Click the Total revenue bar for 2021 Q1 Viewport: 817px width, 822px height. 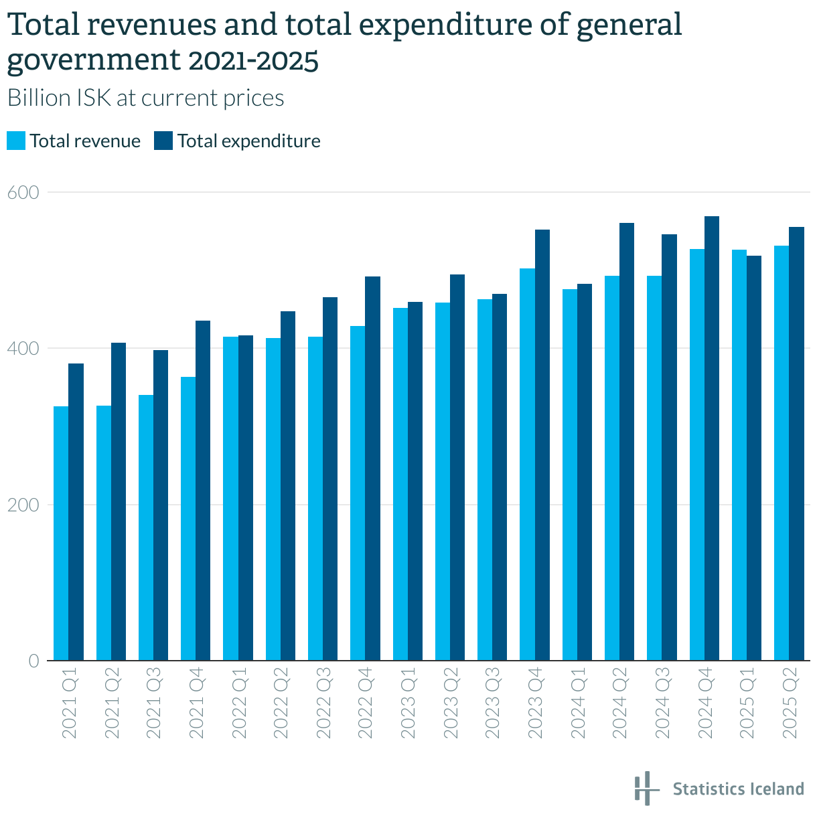pos(61,533)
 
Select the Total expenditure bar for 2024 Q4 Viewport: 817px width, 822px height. pos(711,438)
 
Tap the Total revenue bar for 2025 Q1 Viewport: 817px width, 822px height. pos(739,455)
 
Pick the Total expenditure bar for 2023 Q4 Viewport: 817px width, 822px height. pos(542,444)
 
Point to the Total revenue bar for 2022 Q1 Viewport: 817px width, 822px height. pos(230,498)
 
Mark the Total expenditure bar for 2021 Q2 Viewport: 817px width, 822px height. pos(119,501)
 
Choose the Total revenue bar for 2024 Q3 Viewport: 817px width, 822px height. pos(654,468)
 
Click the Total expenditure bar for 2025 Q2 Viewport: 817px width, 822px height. pos(796,443)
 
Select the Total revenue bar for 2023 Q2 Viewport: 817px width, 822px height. pos(443,481)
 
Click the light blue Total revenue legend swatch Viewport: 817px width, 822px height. pos(16,141)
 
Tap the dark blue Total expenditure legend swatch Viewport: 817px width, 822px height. pos(163,141)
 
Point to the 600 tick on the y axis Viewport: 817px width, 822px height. pos(23,192)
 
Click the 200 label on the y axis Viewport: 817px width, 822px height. pos(23,505)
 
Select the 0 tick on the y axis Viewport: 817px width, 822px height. pos(33,660)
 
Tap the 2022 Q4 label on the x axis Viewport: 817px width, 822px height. pos(366,703)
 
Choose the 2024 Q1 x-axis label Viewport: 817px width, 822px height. pos(577,703)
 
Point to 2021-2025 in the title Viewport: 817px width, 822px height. pos(254,60)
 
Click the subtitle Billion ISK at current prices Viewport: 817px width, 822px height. pos(145,98)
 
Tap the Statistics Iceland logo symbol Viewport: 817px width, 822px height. pos(647,789)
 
